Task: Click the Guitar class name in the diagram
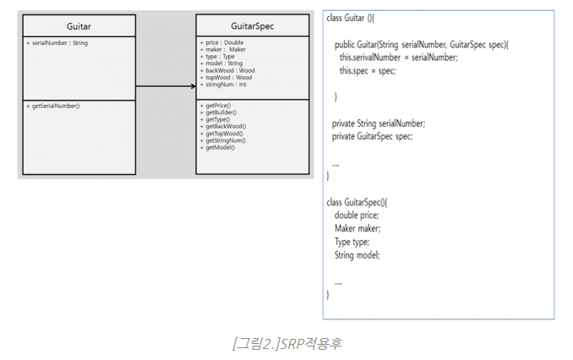pyautogui.click(x=79, y=26)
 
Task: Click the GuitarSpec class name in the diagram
pyautogui.click(x=252, y=26)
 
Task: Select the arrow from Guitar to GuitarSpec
pyautogui.click(x=166, y=85)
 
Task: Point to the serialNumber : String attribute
pyautogui.click(x=57, y=42)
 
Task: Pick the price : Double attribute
pyautogui.click(x=221, y=42)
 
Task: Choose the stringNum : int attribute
pyautogui.click(x=223, y=85)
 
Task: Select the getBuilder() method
pyautogui.click(x=220, y=112)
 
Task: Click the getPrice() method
pyautogui.click(x=217, y=106)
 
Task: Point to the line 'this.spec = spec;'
pyautogui.click(x=368, y=70)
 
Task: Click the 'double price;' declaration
pyautogui.click(x=357, y=215)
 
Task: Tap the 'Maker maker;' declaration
pyautogui.click(x=357, y=228)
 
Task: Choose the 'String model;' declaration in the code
pyautogui.click(x=357, y=254)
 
